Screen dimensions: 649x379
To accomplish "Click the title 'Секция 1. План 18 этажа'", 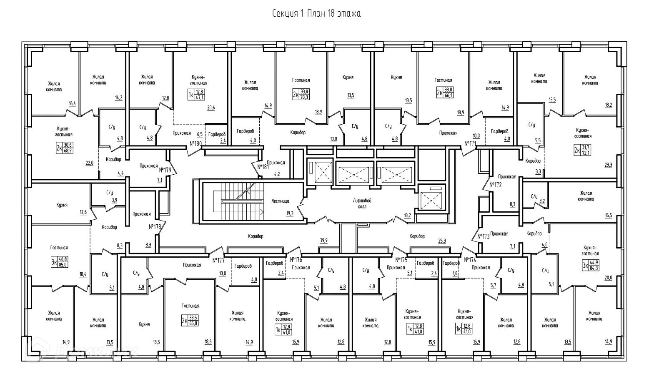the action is (317, 14).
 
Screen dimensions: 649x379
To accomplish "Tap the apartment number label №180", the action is (195, 143).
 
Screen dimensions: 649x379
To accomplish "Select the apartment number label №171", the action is (470, 143).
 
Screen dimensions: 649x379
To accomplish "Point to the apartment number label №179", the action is (165, 170).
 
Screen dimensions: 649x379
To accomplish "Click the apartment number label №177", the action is (219, 260).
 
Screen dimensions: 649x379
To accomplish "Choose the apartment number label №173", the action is (483, 236).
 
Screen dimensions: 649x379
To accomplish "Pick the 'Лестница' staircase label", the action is (280, 201).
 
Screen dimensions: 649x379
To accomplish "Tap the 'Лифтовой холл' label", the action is (362, 203).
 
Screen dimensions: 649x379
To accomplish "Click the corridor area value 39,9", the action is (323, 240).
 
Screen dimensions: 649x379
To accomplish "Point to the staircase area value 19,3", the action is (290, 213).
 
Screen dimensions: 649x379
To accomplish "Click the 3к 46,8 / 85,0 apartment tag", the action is (59, 262).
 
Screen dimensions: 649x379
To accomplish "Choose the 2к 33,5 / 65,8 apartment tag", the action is (190, 321).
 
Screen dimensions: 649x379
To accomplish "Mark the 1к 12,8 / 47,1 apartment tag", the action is (196, 95).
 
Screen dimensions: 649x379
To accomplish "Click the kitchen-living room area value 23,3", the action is (609, 165).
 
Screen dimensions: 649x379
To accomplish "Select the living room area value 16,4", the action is (73, 103).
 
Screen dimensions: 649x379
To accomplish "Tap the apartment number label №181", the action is (263, 167).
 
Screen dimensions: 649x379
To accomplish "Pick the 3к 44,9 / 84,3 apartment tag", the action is (590, 265).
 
